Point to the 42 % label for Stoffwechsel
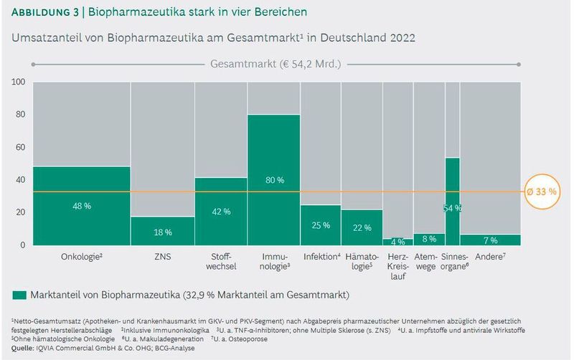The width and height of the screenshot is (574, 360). tap(221, 212)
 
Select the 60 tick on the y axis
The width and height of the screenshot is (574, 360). tap(21, 147)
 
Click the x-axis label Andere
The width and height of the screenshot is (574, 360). tap(490, 256)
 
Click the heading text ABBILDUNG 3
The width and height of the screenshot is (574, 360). tap(44, 12)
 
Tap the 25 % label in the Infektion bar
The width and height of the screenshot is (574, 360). tap(320, 225)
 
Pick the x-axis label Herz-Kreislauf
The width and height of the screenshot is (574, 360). tap(397, 266)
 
